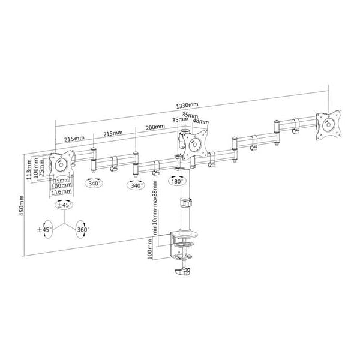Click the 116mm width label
(x=61, y=193)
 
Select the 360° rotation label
(x=83, y=229)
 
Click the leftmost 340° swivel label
(x=94, y=184)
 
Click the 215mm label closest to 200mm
(x=113, y=133)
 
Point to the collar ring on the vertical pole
(x=185, y=203)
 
